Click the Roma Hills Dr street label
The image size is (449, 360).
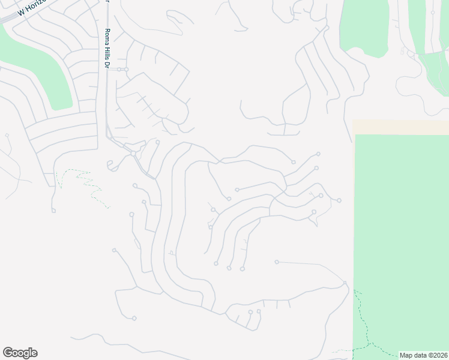pos(107,49)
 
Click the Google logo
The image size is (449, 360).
pos(20,353)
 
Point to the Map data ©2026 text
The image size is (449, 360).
pos(423,355)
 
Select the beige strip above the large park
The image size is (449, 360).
pos(400,127)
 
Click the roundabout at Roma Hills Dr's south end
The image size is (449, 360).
pos(133,154)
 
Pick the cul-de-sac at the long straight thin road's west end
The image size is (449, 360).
pos(277,262)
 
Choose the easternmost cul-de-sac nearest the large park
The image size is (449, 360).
pos(340,200)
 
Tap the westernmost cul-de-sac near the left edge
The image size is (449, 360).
pos(7,136)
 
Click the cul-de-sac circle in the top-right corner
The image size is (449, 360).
pos(433,12)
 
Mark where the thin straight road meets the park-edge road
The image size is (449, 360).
pos(345,283)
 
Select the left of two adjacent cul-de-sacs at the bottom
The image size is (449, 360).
pos(250,312)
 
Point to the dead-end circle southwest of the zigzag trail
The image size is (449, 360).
pos(53,210)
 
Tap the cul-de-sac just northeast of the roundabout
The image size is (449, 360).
pos(157,142)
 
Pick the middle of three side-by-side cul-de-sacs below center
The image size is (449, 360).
pos(229,268)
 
